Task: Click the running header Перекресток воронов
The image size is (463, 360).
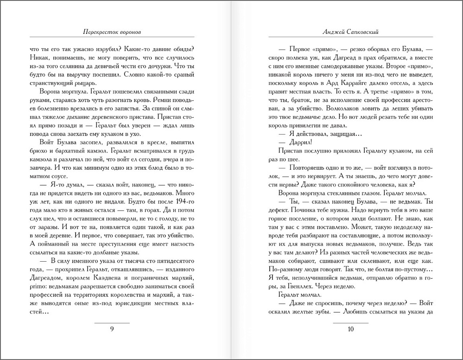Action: [112, 32]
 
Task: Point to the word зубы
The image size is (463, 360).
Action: [316, 312]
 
